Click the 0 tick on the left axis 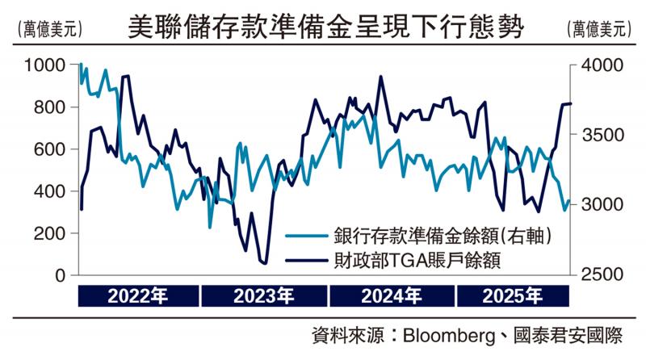pyautogui.click(x=60, y=275)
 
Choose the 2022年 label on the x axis pyautogui.click(x=138, y=295)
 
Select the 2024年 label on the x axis pyautogui.click(x=391, y=295)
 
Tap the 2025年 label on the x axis pyautogui.click(x=513, y=295)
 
